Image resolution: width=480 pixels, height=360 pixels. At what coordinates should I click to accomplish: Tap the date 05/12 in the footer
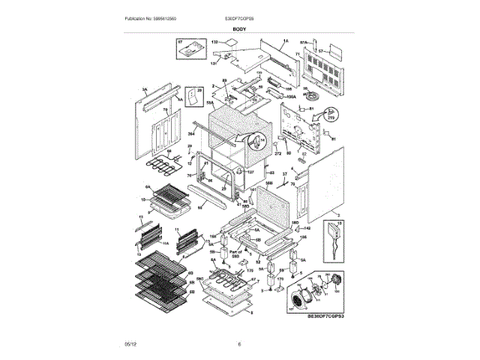[x=130, y=343]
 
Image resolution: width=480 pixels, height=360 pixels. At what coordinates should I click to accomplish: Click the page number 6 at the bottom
[x=239, y=343]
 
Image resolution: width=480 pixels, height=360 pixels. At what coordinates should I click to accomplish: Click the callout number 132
[x=213, y=45]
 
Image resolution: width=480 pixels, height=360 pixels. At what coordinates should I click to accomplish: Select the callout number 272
[x=277, y=153]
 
